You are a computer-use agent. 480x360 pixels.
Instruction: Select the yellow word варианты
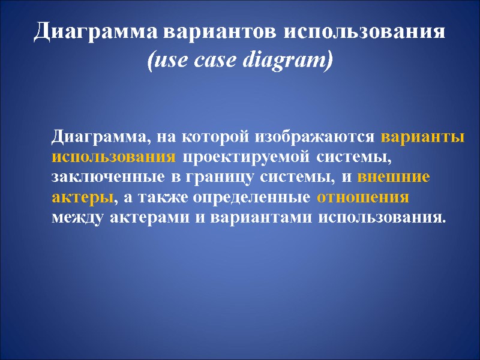coord(422,137)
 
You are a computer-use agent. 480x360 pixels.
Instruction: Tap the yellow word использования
coord(114,157)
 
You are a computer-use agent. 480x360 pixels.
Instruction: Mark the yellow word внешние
coord(394,177)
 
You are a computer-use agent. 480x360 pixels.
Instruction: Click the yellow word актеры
coord(82,197)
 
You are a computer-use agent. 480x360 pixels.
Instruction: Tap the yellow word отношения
coord(362,197)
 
